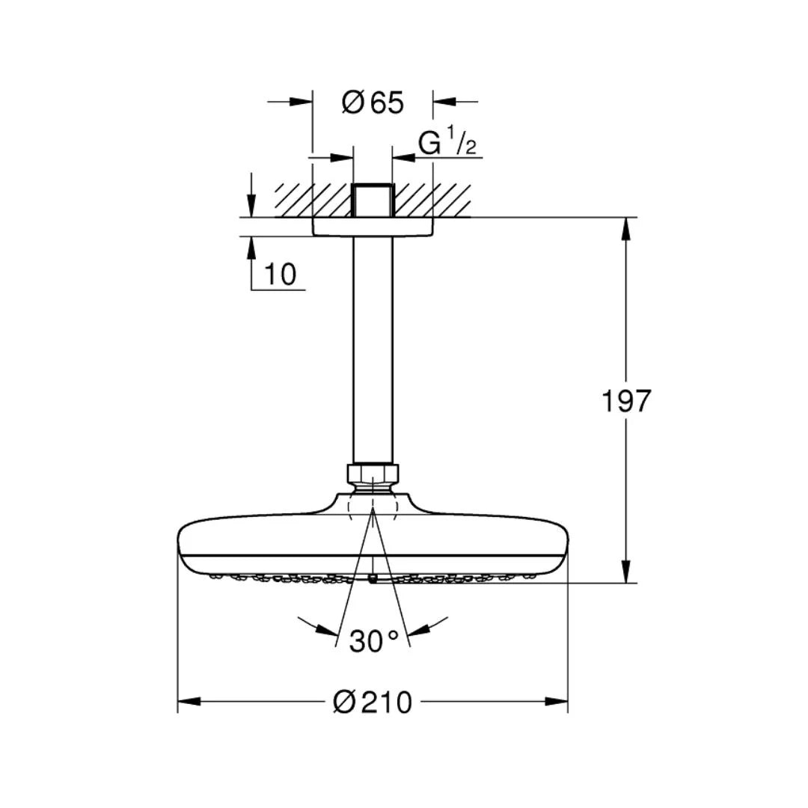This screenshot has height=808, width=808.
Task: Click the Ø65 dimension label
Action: coord(373,102)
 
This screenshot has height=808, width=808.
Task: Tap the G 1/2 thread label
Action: coord(447,142)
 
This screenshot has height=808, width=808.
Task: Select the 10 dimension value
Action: coord(280,275)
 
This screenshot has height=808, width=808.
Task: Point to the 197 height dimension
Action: coord(626,402)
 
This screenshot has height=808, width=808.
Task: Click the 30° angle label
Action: coord(373,640)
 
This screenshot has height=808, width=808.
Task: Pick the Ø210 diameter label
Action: coord(373,703)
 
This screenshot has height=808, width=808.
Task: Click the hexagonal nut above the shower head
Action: coord(373,474)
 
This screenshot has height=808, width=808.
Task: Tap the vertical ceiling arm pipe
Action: coord(373,352)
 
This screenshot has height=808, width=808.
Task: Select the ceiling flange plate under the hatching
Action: coord(373,227)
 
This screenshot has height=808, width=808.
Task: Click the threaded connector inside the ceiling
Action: coord(373,200)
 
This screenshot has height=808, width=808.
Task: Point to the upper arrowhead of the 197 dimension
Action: coord(627,228)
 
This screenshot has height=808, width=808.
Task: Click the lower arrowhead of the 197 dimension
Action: coord(627,572)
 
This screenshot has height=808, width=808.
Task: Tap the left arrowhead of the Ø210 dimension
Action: coord(189,702)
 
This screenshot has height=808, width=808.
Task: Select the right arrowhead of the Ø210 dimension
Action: coord(557,702)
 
